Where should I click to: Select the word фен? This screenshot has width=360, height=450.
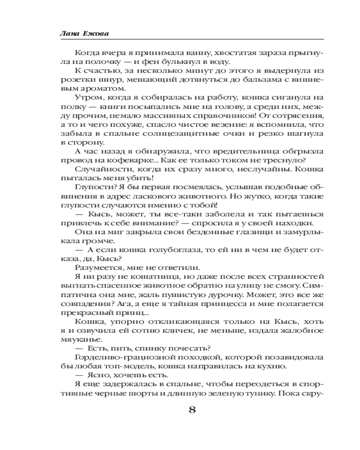click(140, 62)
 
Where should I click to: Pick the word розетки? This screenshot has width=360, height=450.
click(76, 81)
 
